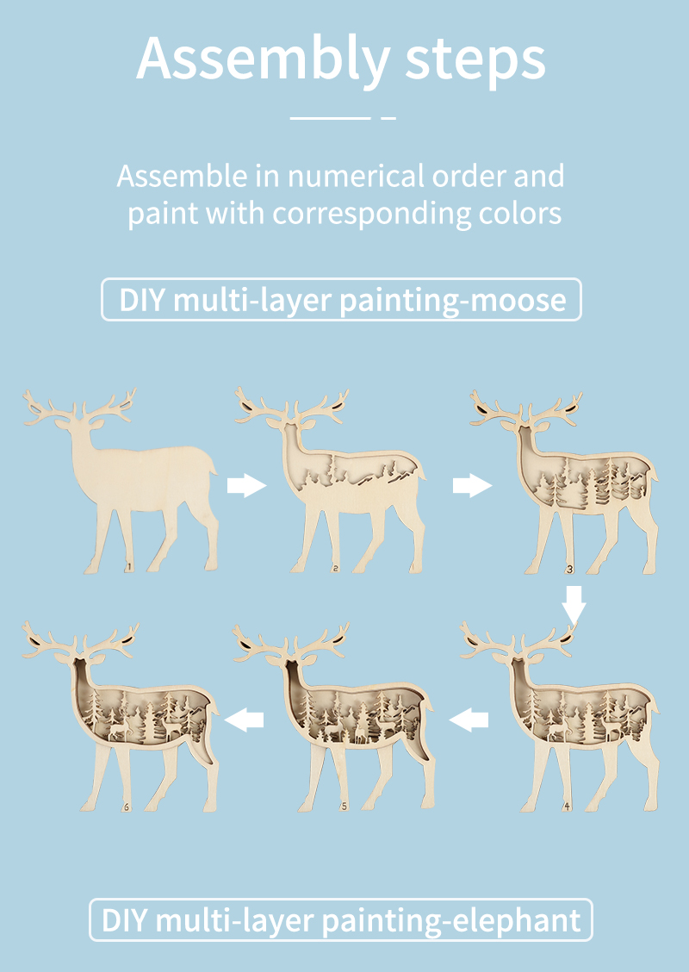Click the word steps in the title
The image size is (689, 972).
[475, 60]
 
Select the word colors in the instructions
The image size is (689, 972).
[520, 213]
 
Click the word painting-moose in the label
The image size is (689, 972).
[453, 300]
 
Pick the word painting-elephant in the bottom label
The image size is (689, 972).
[451, 920]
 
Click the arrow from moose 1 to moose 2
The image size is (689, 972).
[246, 485]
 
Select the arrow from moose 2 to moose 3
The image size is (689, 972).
[472, 485]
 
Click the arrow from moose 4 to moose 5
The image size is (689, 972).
[469, 720]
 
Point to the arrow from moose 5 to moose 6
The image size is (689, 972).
[244, 720]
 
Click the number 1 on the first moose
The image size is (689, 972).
[128, 567]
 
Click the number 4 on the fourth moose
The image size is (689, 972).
[566, 807]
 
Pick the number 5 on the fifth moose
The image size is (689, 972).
[344, 807]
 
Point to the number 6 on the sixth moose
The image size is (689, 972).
[126, 807]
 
